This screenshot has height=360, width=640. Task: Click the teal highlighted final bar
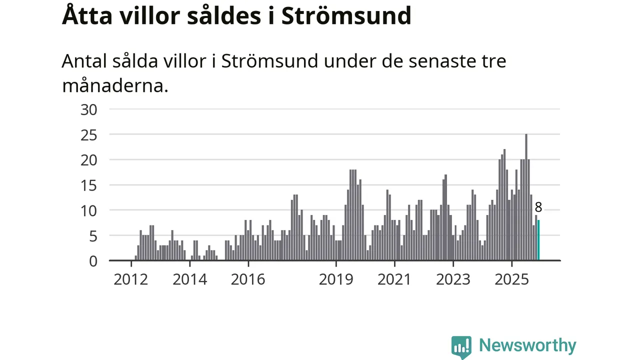tap(538, 240)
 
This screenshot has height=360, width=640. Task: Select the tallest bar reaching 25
tap(526, 197)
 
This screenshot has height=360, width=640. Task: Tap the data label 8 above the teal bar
tap(538, 207)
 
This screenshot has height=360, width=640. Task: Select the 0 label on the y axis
tap(92, 261)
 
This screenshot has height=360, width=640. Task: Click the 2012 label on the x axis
tap(130, 279)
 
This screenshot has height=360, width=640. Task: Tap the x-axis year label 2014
tap(189, 279)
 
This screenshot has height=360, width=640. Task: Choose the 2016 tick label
tap(248, 279)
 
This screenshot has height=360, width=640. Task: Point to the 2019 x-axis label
tap(336, 279)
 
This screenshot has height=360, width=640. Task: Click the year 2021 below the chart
tap(394, 279)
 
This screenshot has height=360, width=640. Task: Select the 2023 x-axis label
tap(453, 279)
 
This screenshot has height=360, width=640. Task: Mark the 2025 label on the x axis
tap(511, 279)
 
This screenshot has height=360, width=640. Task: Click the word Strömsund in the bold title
tap(346, 16)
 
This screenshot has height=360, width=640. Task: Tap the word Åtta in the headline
tap(86, 16)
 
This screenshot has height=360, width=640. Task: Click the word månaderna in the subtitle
tap(115, 85)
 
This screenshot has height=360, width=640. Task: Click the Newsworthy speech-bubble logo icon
tap(461, 346)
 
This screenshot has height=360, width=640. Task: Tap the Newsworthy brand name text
tap(527, 345)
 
